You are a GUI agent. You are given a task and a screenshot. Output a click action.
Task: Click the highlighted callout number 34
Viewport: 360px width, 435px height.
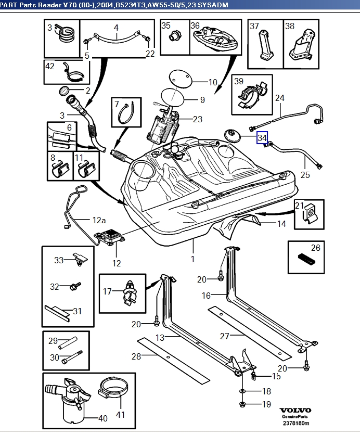click(x=262, y=137)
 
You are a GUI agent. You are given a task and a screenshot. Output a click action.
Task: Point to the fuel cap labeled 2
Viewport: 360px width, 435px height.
click(x=65, y=91)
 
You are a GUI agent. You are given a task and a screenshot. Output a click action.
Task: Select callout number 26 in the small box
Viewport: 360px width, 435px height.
click(x=316, y=248)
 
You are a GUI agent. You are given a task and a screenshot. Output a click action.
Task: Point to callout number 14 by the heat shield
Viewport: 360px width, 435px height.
click(x=281, y=224)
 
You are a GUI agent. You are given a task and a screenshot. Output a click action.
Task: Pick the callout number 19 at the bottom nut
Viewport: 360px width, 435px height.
click(x=266, y=404)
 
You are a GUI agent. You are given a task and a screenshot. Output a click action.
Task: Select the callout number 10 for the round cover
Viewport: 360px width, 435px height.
click(x=212, y=82)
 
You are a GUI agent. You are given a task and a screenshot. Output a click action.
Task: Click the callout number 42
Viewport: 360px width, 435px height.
click(x=50, y=66)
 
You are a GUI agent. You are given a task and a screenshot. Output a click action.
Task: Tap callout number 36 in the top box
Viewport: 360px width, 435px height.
click(x=195, y=25)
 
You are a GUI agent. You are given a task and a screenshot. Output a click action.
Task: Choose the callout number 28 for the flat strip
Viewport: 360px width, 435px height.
click(x=136, y=356)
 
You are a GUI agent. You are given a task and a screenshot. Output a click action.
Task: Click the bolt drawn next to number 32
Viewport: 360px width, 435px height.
click(x=74, y=286)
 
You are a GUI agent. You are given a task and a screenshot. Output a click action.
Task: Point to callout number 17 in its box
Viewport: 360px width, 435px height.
click(x=107, y=291)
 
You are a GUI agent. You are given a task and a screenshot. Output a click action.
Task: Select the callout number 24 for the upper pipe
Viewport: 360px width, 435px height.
click(x=280, y=98)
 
